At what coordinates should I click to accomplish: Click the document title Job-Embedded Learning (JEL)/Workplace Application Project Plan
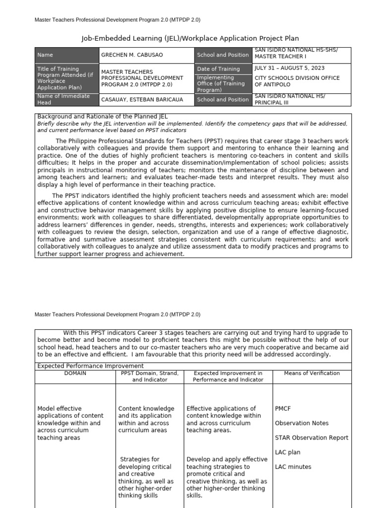(190, 38)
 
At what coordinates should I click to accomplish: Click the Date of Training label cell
(218, 69)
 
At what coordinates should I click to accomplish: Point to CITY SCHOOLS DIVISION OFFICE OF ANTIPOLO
(297, 81)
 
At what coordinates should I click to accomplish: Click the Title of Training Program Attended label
(65, 78)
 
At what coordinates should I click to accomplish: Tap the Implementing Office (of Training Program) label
(221, 84)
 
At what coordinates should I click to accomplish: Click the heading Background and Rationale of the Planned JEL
(103, 116)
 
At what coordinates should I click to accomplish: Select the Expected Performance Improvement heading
(83, 366)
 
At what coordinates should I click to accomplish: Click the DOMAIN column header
(75, 373)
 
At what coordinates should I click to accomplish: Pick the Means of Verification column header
(312, 373)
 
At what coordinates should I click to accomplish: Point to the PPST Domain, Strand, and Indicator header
(149, 376)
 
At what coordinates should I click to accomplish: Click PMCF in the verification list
(283, 409)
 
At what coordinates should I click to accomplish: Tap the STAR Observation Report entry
(312, 438)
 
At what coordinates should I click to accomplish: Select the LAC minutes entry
(293, 467)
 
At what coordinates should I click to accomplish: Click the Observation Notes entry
(302, 423)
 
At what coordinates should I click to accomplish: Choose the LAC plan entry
(287, 452)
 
